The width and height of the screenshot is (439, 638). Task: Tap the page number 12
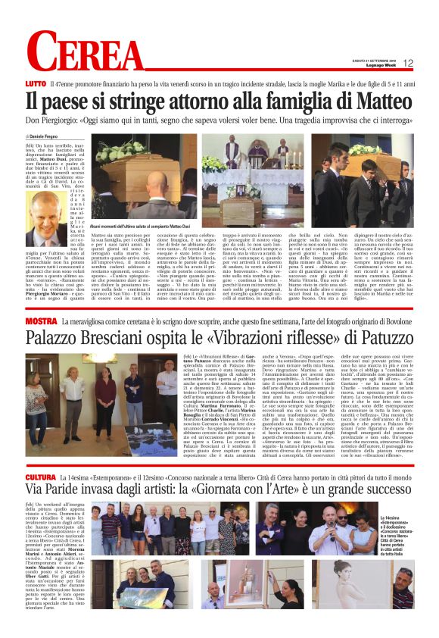[408, 64]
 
